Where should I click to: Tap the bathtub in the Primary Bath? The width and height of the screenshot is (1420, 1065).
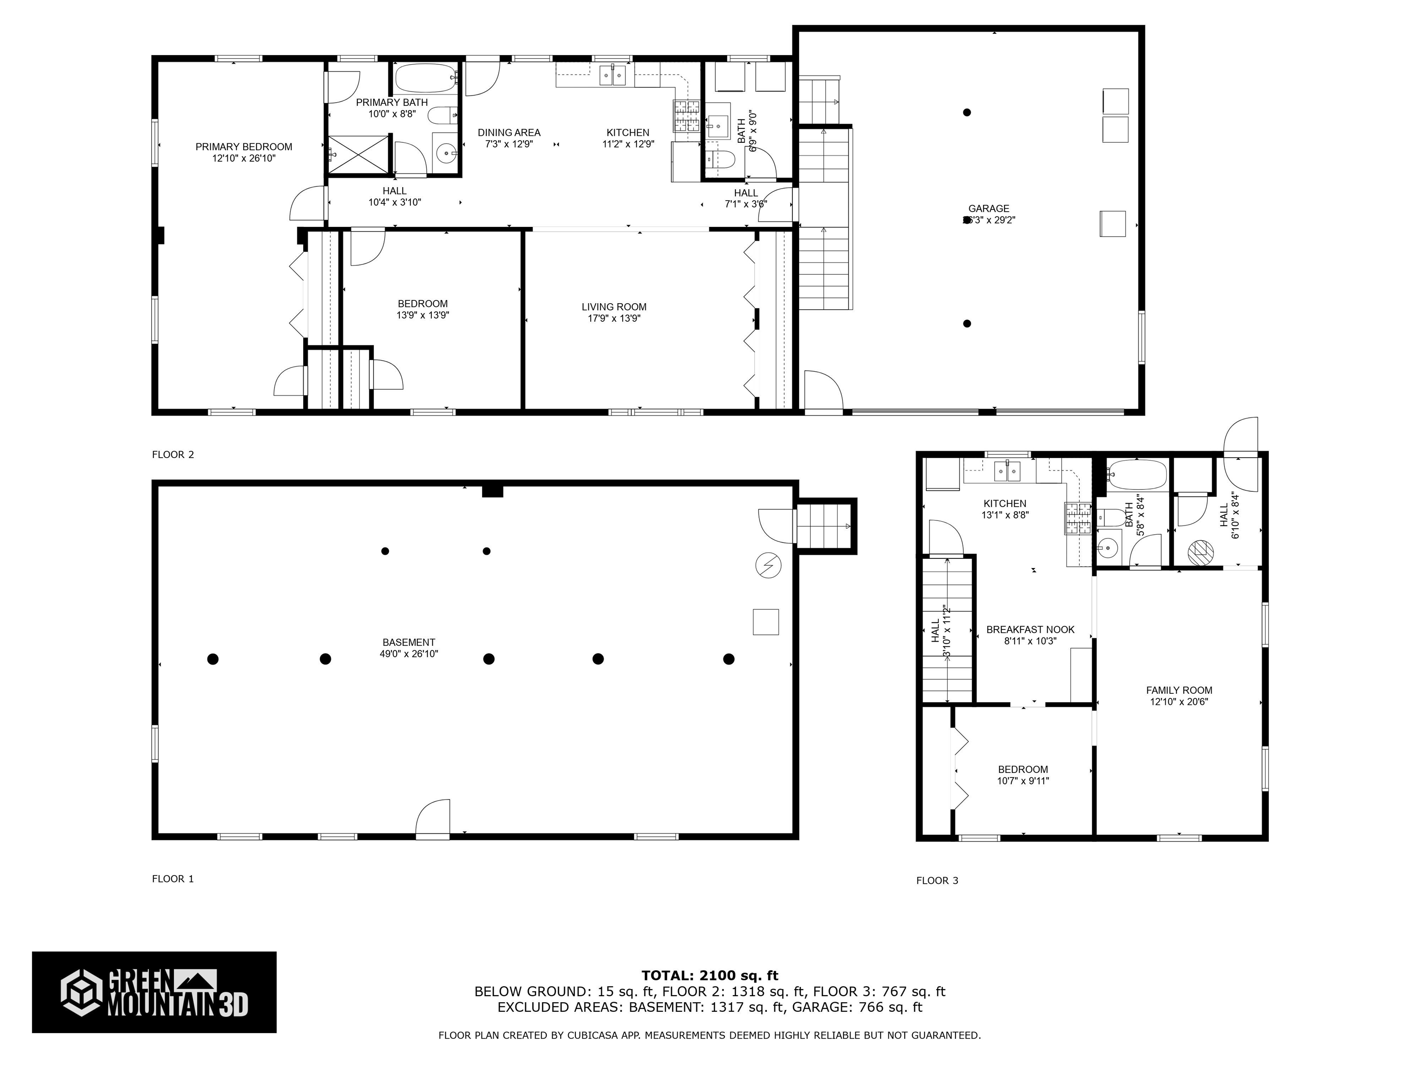pos(424,79)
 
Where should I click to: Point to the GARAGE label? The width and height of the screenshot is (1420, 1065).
pos(989,208)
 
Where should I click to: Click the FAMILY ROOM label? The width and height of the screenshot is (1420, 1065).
pos(1179,691)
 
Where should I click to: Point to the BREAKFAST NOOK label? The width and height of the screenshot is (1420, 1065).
pos(1030,630)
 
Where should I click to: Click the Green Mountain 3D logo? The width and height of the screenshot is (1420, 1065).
pos(154,992)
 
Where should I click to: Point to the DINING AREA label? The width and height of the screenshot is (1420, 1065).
pos(508,133)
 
